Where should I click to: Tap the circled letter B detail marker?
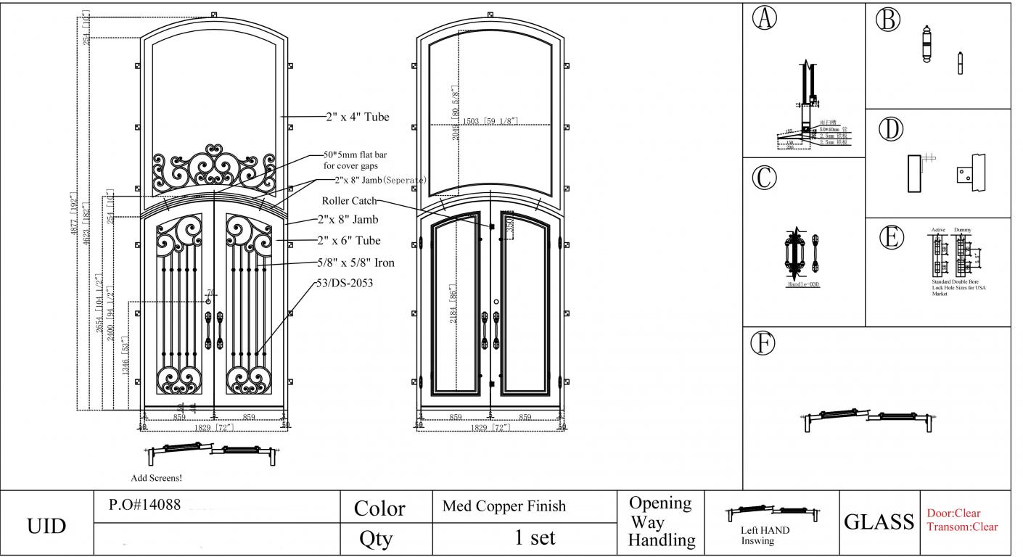coord(887,19)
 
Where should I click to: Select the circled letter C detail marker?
coord(764,178)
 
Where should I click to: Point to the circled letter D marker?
coord(890,129)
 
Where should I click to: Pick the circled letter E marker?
coord(891,238)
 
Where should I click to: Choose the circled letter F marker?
coord(763,343)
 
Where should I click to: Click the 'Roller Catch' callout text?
coord(350,201)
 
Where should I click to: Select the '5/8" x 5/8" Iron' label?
coord(356,263)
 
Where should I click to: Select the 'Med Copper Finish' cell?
coord(504,506)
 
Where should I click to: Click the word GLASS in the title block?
coord(879,521)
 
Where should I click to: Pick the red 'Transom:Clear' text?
coord(962,527)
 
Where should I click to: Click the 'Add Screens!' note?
coord(156,478)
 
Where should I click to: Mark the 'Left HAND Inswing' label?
coord(765,535)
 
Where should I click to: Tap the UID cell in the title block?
coord(46,525)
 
